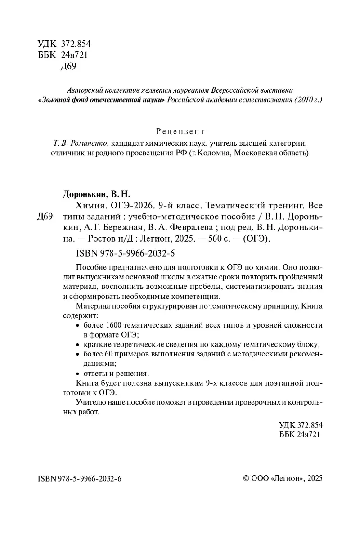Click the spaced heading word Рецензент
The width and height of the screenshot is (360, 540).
[x=180, y=131]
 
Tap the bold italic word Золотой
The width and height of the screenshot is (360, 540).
[x=54, y=99]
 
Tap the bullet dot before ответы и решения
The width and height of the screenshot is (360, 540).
[x=78, y=373]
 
